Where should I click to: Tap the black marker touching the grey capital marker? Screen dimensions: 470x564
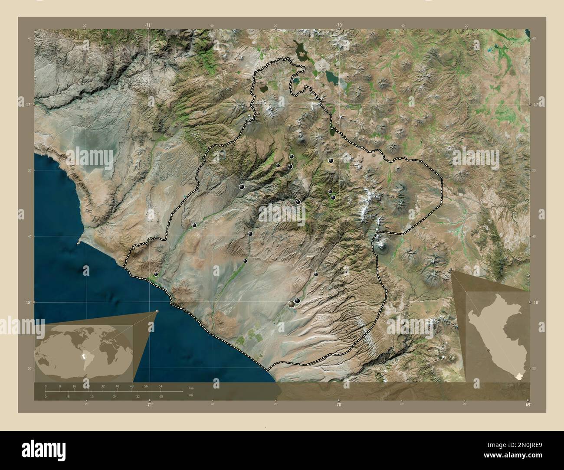click(x=298, y=301)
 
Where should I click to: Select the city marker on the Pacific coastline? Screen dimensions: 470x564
click(x=156, y=274)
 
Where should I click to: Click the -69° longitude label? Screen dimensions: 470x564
click(x=527, y=405)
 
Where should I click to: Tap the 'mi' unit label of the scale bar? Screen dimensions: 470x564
click(x=191, y=395)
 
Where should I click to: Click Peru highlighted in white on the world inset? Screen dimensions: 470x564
click(x=83, y=357)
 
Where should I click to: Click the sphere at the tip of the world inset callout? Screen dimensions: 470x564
click(x=157, y=311)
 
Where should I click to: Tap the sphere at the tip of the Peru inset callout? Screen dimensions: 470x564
click(x=452, y=271)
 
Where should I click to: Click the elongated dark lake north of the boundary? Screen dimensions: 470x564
click(x=299, y=50)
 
